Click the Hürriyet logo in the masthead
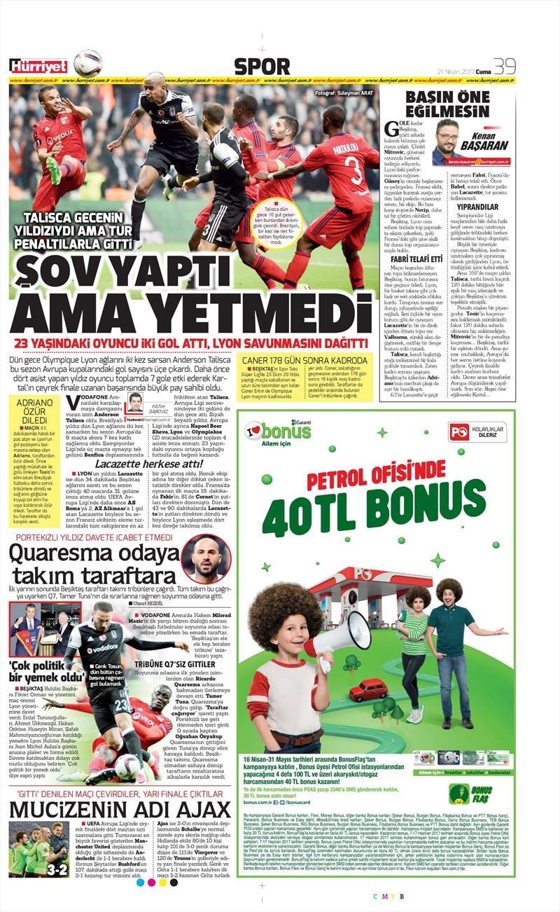pyautogui.click(x=38, y=67)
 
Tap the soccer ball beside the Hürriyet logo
pyautogui.click(x=87, y=64)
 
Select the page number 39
pyautogui.click(x=504, y=66)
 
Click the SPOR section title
pyautogui.click(x=262, y=67)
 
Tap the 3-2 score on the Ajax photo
pyautogui.click(x=56, y=869)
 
